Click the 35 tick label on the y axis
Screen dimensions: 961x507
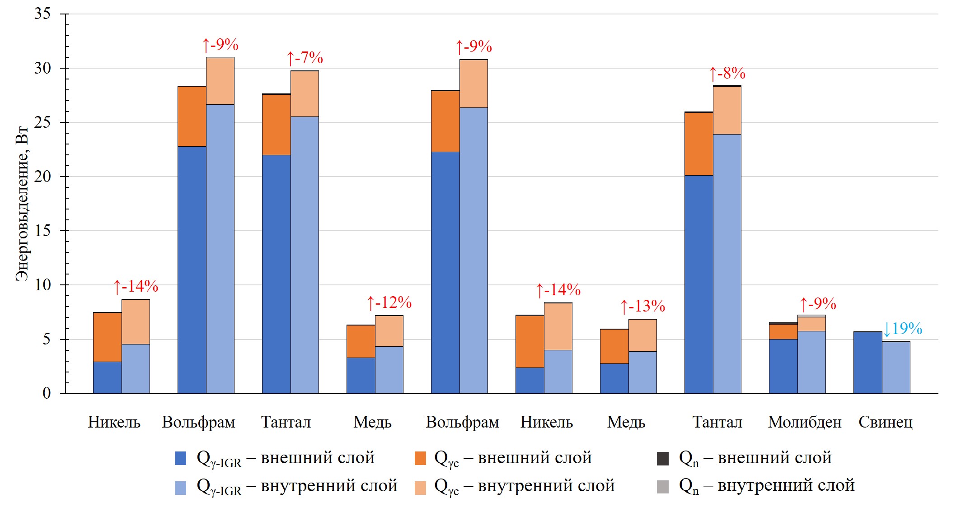tap(42, 14)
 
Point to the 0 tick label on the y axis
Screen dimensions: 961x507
tap(47, 393)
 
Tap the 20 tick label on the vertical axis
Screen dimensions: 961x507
tap(42, 177)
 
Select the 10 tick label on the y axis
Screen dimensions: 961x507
tap(42, 285)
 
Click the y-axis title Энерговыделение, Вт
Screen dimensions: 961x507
tap(22, 204)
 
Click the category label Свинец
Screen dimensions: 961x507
tap(885, 422)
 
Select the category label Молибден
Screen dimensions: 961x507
tap(805, 422)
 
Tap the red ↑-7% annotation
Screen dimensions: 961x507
tap(305, 58)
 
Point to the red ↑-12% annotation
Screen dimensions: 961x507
tap(389, 302)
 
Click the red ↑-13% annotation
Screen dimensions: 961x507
tap(642, 306)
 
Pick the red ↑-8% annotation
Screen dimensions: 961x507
tap(727, 73)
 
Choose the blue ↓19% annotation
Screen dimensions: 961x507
tap(902, 329)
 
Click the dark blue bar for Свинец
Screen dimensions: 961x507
tap(868, 363)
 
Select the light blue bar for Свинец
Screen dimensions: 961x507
tap(896, 367)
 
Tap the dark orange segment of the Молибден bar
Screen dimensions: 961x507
tap(783, 332)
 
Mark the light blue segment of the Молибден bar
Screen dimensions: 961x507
tap(811, 362)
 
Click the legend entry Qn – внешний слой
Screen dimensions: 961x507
tap(744, 458)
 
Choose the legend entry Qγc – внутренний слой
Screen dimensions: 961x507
tap(515, 486)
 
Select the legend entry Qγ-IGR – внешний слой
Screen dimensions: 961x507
tap(275, 458)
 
